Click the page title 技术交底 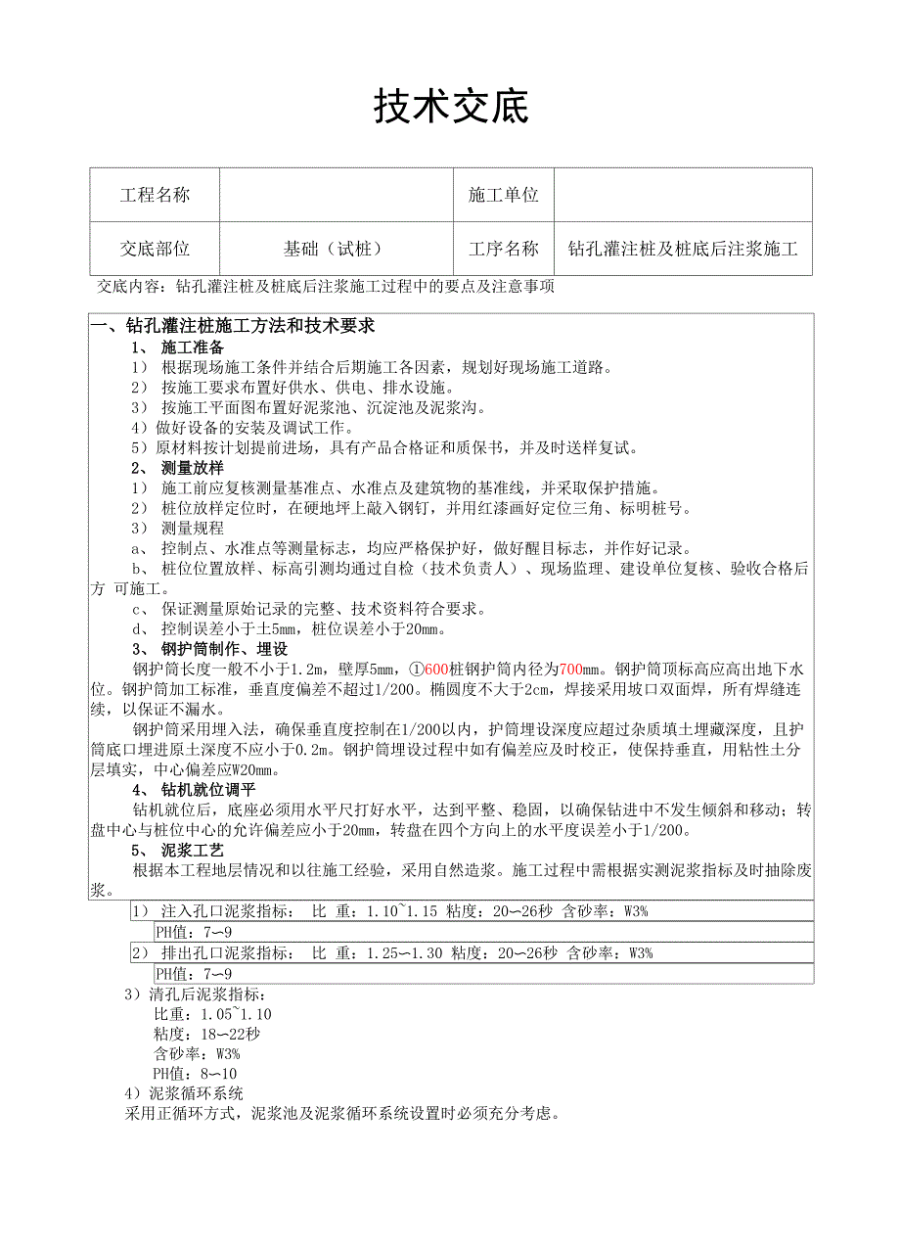450,107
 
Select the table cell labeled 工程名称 155,195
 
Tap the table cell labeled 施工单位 504,195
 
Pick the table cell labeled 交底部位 155,249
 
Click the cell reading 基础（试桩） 333,249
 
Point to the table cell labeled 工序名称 504,249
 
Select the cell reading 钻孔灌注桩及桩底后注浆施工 683,249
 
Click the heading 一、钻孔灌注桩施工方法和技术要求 232,325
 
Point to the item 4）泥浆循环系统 184,1093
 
